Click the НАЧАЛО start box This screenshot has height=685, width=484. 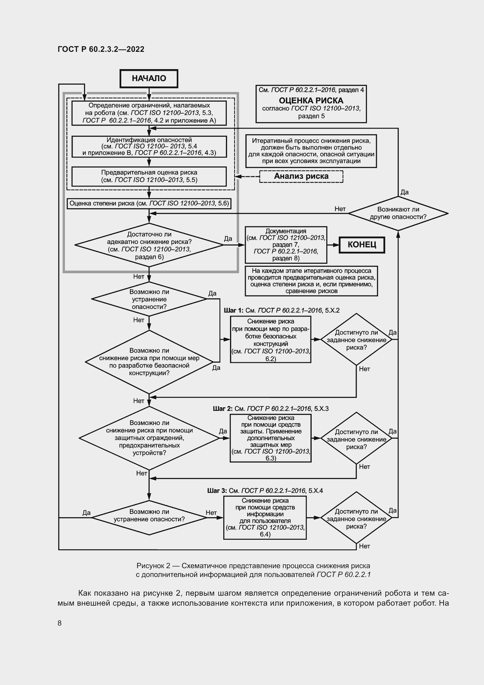pyautogui.click(x=149, y=78)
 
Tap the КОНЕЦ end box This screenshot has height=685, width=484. pyautogui.click(x=361, y=245)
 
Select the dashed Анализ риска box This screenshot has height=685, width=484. pyautogui.click(x=301, y=176)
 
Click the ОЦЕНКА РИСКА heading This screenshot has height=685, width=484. pyautogui.click(x=311, y=100)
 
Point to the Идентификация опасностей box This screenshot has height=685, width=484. pyautogui.click(x=149, y=146)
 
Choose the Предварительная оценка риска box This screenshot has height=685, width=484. pyautogui.click(x=149, y=176)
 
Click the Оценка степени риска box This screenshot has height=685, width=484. pyautogui.click(x=149, y=204)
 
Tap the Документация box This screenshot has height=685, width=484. pyautogui.click(x=286, y=245)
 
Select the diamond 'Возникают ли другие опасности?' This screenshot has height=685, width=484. pyautogui.click(x=398, y=213)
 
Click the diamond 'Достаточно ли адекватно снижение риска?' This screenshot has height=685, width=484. pyautogui.click(x=149, y=245)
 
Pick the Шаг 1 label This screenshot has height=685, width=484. pyautogui.click(x=234, y=310)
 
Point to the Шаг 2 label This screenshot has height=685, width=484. pyautogui.click(x=223, y=409)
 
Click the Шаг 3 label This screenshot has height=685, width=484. pyautogui.click(x=217, y=491)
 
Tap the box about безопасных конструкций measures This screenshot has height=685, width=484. pyautogui.click(x=271, y=339)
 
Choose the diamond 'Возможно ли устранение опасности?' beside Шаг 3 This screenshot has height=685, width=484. pyautogui.click(x=149, y=517)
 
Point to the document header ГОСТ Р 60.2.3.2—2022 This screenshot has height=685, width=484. pyautogui.click(x=101, y=49)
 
